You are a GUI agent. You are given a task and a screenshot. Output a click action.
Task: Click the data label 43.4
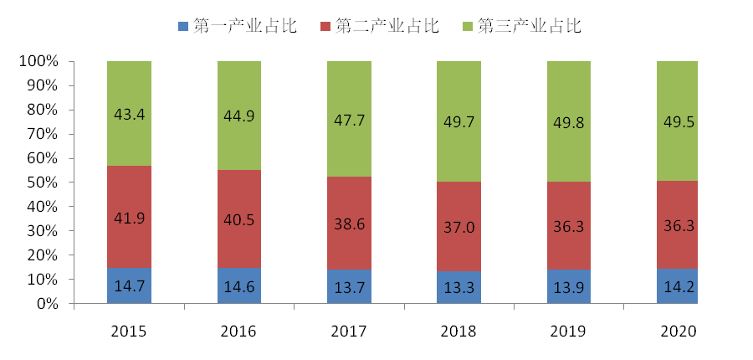[x=129, y=115]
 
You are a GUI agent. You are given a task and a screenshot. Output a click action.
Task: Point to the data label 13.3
[x=458, y=286]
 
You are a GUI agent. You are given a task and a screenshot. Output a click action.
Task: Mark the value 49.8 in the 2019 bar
[x=569, y=123]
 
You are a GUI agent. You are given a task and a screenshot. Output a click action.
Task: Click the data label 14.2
[x=679, y=286]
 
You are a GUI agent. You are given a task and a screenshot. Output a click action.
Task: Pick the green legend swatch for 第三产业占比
[x=468, y=26]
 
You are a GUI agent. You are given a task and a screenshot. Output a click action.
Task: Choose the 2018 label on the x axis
[x=458, y=332]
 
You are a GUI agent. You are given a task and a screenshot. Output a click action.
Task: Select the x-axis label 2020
[x=679, y=332]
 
